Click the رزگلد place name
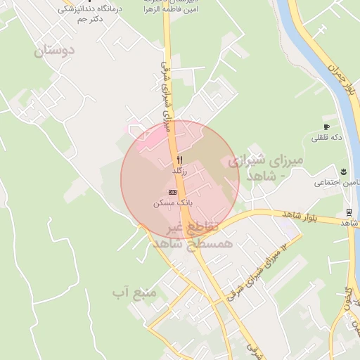click(180, 171)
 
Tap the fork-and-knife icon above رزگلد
click(180, 160)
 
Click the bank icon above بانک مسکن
click(173, 191)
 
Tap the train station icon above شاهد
click(349, 212)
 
